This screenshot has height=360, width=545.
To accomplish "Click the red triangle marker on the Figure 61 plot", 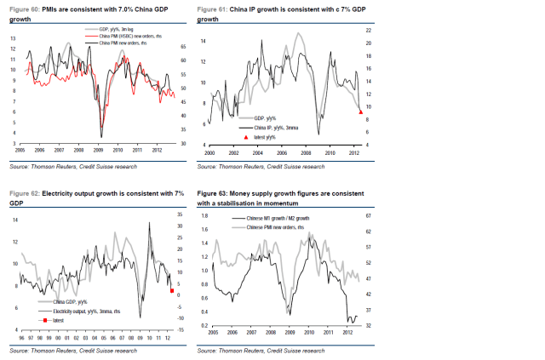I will [360, 111].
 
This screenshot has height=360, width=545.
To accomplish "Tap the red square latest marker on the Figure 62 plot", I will [173, 291].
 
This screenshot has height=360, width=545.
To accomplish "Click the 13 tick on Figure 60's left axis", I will [13, 39].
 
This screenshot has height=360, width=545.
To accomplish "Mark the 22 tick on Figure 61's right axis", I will [368, 30].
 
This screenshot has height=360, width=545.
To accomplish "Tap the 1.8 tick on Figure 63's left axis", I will [205, 215].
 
